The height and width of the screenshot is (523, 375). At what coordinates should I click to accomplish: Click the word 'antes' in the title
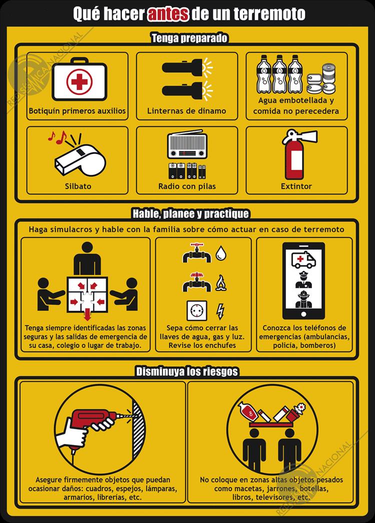[x=168, y=13]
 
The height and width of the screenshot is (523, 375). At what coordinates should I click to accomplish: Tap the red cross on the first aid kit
[x=77, y=82]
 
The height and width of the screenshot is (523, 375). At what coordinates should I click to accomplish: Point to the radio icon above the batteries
[x=186, y=146]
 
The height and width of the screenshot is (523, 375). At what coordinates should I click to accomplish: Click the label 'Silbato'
[x=77, y=186]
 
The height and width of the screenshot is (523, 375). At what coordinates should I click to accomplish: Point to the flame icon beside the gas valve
[x=220, y=283]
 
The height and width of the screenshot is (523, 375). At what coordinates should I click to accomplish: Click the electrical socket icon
[x=196, y=311]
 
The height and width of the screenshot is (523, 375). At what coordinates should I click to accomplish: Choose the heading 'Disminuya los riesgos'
[x=187, y=372]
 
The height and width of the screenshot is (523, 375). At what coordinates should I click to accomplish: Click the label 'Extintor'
[x=296, y=186]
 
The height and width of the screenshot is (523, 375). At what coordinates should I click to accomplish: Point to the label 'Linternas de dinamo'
[x=186, y=111]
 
